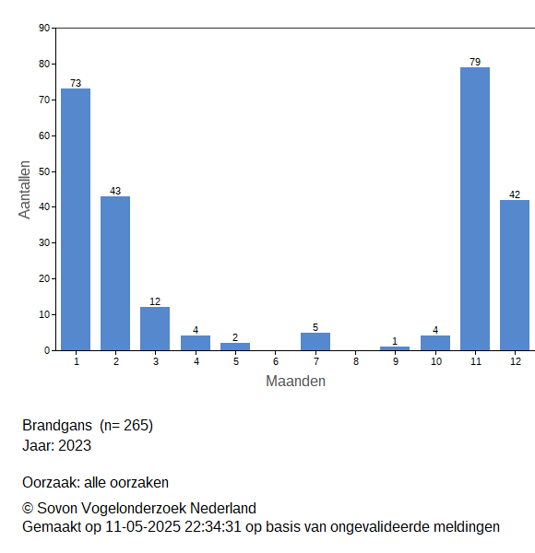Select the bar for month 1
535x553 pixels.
click(76, 219)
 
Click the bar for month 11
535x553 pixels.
click(475, 209)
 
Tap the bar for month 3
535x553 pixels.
click(155, 329)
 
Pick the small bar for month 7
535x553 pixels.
click(315, 341)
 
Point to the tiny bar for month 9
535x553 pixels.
click(395, 348)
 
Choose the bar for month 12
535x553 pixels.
click(515, 275)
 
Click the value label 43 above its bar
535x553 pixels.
click(115, 191)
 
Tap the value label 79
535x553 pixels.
click(475, 62)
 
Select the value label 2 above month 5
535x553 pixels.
click(235, 337)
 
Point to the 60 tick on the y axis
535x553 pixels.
click(44, 135)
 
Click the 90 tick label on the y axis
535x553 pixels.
click(44, 28)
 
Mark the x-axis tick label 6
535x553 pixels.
click(276, 361)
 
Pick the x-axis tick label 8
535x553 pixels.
click(356, 361)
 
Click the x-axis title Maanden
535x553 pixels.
click(295, 382)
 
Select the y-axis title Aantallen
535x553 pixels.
click(25, 190)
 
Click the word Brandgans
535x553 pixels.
click(57, 425)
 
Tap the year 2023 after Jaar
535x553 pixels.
click(75, 445)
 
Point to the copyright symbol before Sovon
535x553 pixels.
click(28, 509)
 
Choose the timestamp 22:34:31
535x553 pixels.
click(213, 527)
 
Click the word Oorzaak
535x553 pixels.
click(51, 482)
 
